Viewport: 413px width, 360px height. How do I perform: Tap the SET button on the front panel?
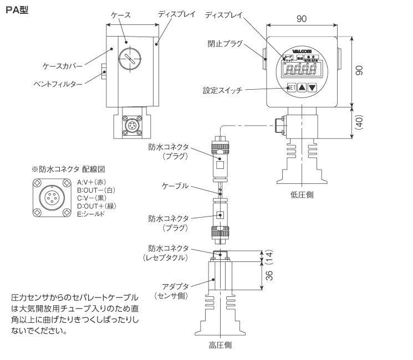[292, 88]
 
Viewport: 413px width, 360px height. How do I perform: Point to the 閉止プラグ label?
[225, 44]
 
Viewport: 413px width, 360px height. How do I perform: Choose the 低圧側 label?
[302, 195]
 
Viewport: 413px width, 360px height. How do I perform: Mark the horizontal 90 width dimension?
[302, 19]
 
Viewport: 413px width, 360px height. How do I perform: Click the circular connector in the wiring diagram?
[52, 198]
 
